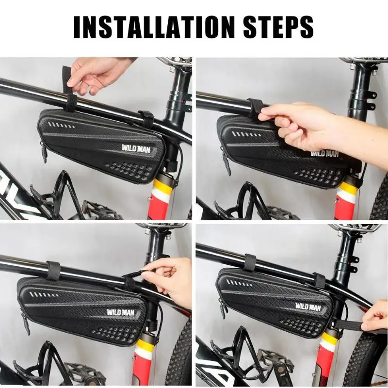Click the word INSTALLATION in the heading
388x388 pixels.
coord(154,27)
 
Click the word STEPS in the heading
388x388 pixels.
coord(278,27)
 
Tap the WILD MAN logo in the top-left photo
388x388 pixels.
coord(136,148)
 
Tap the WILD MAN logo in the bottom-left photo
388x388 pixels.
coord(121,312)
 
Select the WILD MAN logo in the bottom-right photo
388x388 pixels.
coord(308,307)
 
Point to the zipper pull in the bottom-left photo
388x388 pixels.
coord(26,323)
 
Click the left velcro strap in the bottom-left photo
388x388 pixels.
coord(52,270)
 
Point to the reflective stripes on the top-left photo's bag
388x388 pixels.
coord(61,125)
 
